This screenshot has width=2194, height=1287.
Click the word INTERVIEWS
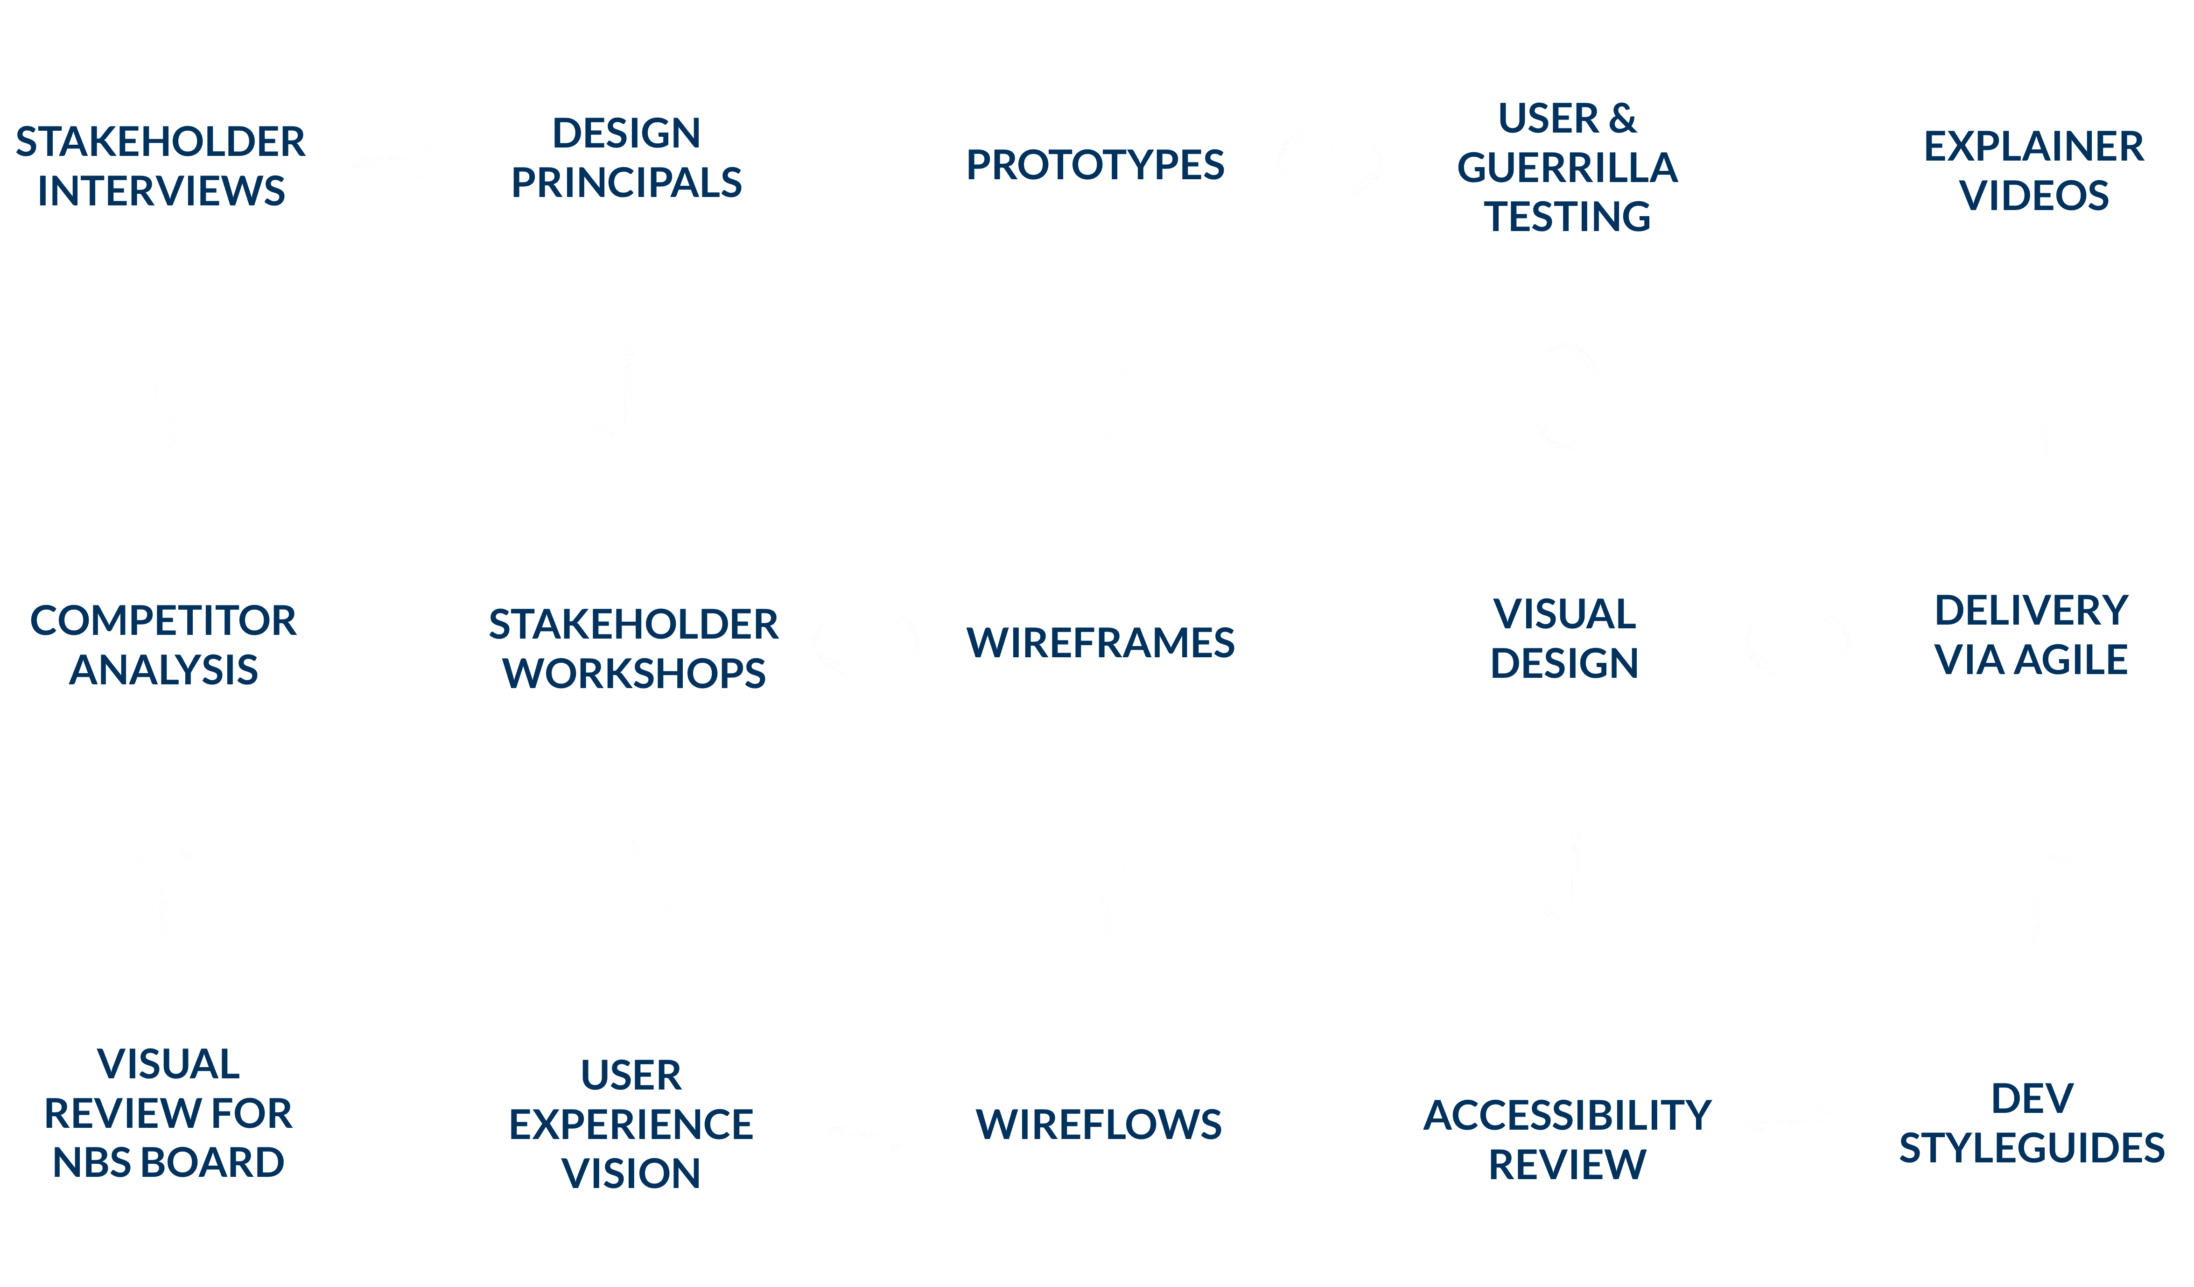(161, 191)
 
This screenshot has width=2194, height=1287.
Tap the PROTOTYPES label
(1095, 165)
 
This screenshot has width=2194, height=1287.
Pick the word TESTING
(1567, 217)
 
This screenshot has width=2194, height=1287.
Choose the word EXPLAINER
(2034, 146)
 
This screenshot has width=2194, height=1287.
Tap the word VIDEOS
(2034, 196)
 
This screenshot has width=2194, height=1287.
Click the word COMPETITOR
(164, 621)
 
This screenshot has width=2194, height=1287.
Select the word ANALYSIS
(164, 670)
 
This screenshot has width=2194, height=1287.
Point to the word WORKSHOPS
(634, 674)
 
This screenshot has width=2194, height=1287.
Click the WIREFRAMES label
(1101, 643)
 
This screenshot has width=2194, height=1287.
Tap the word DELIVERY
(2031, 611)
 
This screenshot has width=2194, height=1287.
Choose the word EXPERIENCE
(631, 1125)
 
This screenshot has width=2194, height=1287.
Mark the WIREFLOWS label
(1099, 1125)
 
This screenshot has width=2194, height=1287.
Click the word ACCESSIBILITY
(1567, 1116)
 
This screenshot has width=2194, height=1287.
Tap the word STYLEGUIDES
(2032, 1148)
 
